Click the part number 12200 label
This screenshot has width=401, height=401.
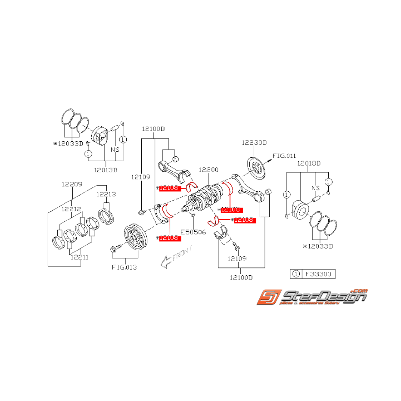coord(208,171)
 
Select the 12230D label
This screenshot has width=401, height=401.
coord(254,143)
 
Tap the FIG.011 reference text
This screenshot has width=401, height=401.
coord(284,156)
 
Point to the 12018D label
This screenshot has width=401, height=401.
coord(309,164)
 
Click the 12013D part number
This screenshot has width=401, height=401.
coord(106,170)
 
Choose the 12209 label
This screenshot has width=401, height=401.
coord(71,184)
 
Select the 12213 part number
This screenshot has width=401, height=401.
coord(106,194)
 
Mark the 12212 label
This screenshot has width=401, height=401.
coord(71,209)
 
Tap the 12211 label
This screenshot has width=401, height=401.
coord(80,257)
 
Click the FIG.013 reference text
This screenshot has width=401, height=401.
coord(125,267)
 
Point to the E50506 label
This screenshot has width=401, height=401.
coord(193,232)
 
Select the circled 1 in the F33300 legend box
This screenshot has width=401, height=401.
coord(296,274)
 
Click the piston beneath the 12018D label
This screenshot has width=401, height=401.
coord(300,210)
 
